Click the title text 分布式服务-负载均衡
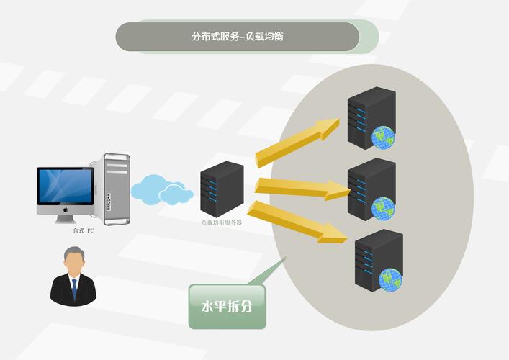238,36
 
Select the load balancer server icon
221,189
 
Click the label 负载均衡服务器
221,222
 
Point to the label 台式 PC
84,231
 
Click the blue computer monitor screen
66,186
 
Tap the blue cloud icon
159,189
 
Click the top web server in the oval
369,115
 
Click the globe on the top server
383,136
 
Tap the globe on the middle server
383,208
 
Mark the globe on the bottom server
391,279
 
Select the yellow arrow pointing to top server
297,143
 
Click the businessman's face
73,263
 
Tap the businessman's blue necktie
73,289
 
